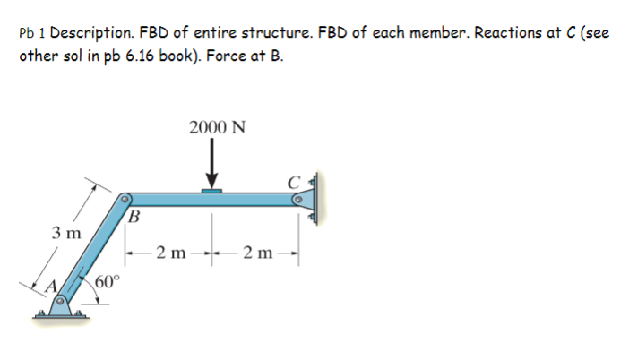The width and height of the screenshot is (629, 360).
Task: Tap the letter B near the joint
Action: point(134,215)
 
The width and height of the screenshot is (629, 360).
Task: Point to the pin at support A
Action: point(63,303)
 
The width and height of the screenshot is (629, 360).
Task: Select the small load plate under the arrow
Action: point(212,190)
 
